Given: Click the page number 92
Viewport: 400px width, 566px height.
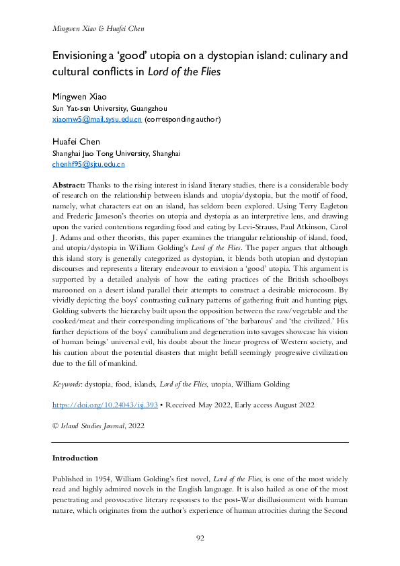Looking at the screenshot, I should click(200, 538).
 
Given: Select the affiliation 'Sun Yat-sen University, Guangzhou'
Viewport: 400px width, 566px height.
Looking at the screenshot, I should click(110, 108).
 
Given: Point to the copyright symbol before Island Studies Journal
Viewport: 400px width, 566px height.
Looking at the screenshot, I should click(55, 426).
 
